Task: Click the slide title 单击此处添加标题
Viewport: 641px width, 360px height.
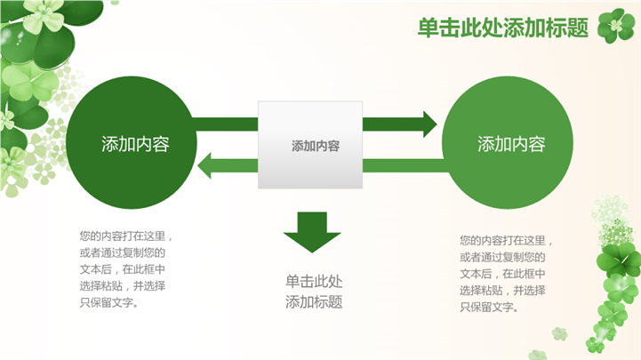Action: click(x=503, y=28)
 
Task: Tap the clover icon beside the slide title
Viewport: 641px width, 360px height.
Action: click(x=616, y=26)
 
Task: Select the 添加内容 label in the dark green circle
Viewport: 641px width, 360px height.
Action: click(x=135, y=144)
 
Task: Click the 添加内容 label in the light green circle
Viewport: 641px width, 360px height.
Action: click(x=511, y=144)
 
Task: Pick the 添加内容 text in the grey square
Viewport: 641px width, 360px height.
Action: click(x=316, y=146)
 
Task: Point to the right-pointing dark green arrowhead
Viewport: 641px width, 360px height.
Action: click(x=429, y=124)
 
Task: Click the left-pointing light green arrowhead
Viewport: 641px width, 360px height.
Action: click(x=204, y=165)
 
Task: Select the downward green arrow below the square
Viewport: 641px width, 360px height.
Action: click(x=312, y=232)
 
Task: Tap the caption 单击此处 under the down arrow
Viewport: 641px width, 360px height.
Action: click(x=314, y=282)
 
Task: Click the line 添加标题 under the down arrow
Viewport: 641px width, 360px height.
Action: click(x=314, y=302)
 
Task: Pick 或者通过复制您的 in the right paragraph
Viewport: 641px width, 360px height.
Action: click(x=502, y=257)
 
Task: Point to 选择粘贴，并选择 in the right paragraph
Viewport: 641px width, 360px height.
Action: click(x=502, y=291)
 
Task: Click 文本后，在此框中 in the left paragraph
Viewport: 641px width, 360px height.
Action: click(x=123, y=269)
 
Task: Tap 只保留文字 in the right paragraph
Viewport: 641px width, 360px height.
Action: click(x=487, y=308)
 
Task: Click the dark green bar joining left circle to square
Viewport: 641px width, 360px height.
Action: click(x=225, y=124)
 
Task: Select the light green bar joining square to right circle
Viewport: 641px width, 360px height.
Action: click(x=405, y=165)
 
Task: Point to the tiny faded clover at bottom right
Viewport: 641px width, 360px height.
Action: click(x=559, y=334)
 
